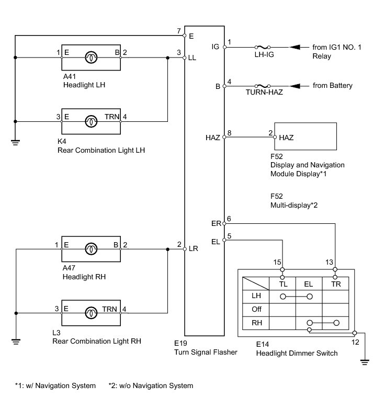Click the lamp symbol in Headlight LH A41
(91, 58)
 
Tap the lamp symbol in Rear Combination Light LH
(91, 121)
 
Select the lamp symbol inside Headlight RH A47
(91, 249)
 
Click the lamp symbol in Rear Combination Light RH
(91, 313)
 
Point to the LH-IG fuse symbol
(263, 47)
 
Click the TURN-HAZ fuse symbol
(263, 86)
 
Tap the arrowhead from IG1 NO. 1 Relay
(295, 47)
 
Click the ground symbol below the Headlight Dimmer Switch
(365, 362)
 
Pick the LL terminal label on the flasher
(192, 58)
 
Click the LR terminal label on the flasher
(193, 248)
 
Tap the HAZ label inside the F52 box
(286, 138)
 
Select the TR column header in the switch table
(336, 284)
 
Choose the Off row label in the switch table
(256, 309)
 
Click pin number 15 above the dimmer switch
(277, 262)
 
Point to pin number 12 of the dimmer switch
(355, 342)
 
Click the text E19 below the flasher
(180, 343)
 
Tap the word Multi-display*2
(294, 205)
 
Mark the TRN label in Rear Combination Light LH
(112, 117)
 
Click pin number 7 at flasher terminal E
(179, 31)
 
